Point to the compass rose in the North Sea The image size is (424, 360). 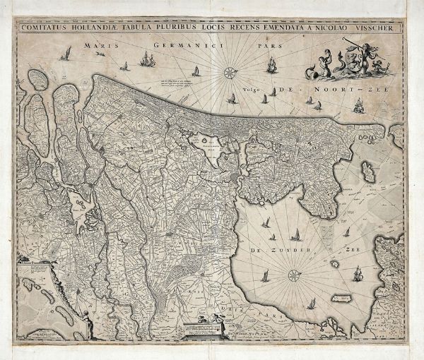coord(230,71)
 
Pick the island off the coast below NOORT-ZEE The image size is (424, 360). coord(368,169)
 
